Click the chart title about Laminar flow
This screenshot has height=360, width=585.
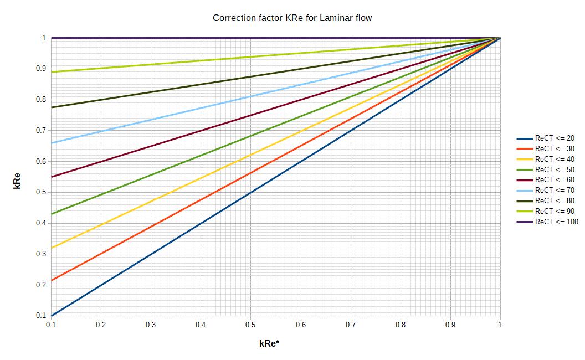292,18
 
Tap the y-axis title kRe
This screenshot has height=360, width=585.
17,181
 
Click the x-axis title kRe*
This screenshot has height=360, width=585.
269,343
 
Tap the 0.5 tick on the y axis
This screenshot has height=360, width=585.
41,192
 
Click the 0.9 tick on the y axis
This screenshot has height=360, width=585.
41,69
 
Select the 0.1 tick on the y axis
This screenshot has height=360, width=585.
41,316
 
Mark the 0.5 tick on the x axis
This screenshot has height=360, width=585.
250,325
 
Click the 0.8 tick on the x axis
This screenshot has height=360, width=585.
400,325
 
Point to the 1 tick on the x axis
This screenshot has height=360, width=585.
500,325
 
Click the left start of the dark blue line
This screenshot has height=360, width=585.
52,316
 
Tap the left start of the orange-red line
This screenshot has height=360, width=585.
52,280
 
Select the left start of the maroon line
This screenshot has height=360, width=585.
52,177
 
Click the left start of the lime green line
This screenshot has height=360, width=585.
52,72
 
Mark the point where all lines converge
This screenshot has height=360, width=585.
500,38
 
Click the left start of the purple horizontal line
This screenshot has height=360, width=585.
52,38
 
